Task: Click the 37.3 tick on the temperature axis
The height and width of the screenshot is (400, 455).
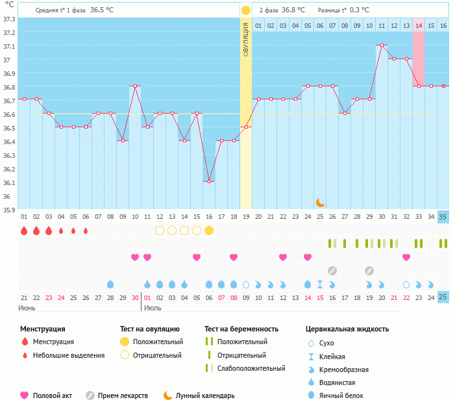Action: [9, 19]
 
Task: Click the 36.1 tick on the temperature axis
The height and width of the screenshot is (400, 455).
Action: [9, 182]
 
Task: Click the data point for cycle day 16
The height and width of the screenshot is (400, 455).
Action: [209, 182]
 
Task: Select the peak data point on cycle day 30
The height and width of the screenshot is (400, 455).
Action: [382, 45]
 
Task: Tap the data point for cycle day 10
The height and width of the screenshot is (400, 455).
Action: [135, 86]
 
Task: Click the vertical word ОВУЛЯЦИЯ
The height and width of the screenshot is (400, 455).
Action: [246, 40]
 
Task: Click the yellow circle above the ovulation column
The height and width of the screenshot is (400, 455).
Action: [246, 10]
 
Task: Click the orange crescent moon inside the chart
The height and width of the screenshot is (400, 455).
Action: [320, 203]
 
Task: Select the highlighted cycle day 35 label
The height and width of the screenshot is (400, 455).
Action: [443, 216]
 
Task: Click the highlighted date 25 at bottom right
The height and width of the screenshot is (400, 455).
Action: [443, 297]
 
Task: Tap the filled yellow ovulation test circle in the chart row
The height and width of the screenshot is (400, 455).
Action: [209, 231]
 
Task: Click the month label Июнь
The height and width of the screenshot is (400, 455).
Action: [27, 308]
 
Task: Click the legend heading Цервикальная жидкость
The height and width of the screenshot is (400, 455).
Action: [347, 329]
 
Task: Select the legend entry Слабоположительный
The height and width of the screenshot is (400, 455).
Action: [251, 368]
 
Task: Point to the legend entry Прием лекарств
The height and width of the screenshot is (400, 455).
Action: [123, 395]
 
